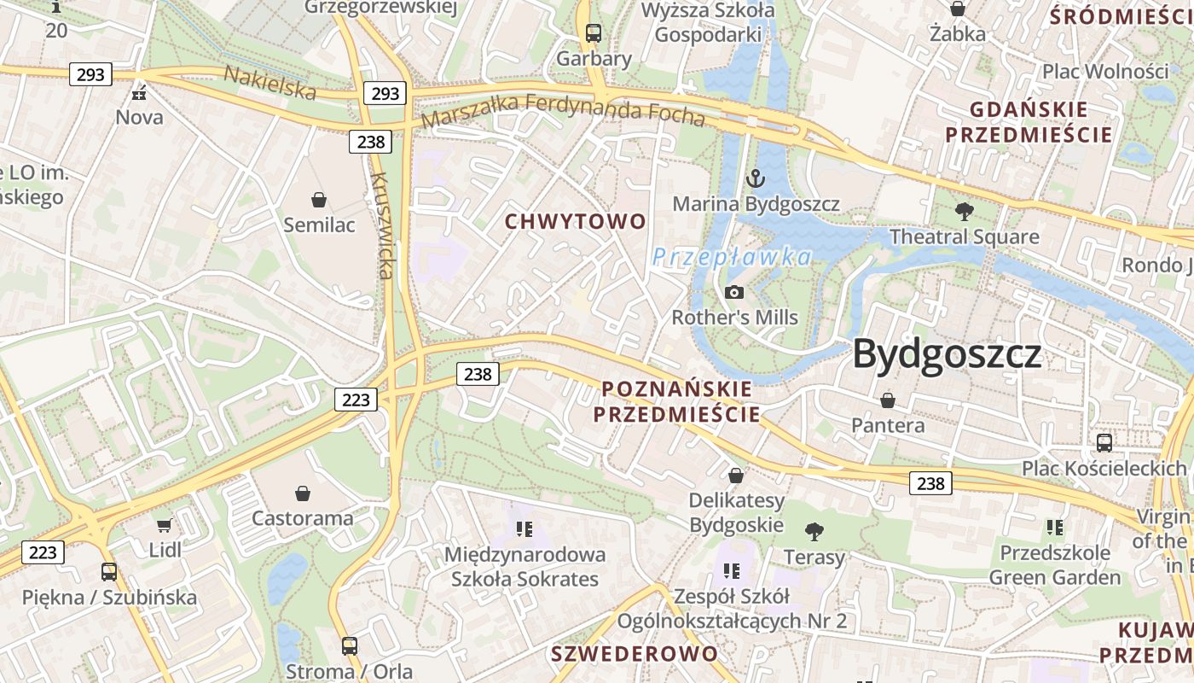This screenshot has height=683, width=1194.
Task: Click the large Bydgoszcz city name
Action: click(947, 353)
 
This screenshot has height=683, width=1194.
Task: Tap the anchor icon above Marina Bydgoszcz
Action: click(755, 179)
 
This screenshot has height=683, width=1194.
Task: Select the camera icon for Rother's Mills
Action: click(733, 293)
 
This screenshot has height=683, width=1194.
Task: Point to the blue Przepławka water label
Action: click(732, 256)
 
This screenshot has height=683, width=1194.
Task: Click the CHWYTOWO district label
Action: click(576, 222)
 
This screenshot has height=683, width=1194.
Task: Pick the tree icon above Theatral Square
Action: click(965, 212)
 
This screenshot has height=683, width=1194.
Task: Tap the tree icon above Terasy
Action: click(814, 532)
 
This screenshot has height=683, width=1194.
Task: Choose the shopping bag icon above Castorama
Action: click(302, 493)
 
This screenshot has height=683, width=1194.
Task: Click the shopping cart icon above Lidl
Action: click(165, 525)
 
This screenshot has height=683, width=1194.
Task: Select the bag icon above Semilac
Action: click(319, 200)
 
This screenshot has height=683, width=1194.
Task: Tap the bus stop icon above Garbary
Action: click(594, 33)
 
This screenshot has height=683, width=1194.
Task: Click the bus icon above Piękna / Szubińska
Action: click(109, 572)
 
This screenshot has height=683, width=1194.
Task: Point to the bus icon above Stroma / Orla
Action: click(349, 645)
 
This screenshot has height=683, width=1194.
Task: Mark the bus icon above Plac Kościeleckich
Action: click(1104, 442)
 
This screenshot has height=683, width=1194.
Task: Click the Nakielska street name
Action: click(270, 82)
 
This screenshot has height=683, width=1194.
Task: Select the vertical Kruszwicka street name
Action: click(383, 225)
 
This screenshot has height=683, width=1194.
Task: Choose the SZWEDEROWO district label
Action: click(635, 654)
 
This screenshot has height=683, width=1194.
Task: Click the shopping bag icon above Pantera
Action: click(888, 400)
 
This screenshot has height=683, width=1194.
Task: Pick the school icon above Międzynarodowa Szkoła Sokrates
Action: click(525, 529)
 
